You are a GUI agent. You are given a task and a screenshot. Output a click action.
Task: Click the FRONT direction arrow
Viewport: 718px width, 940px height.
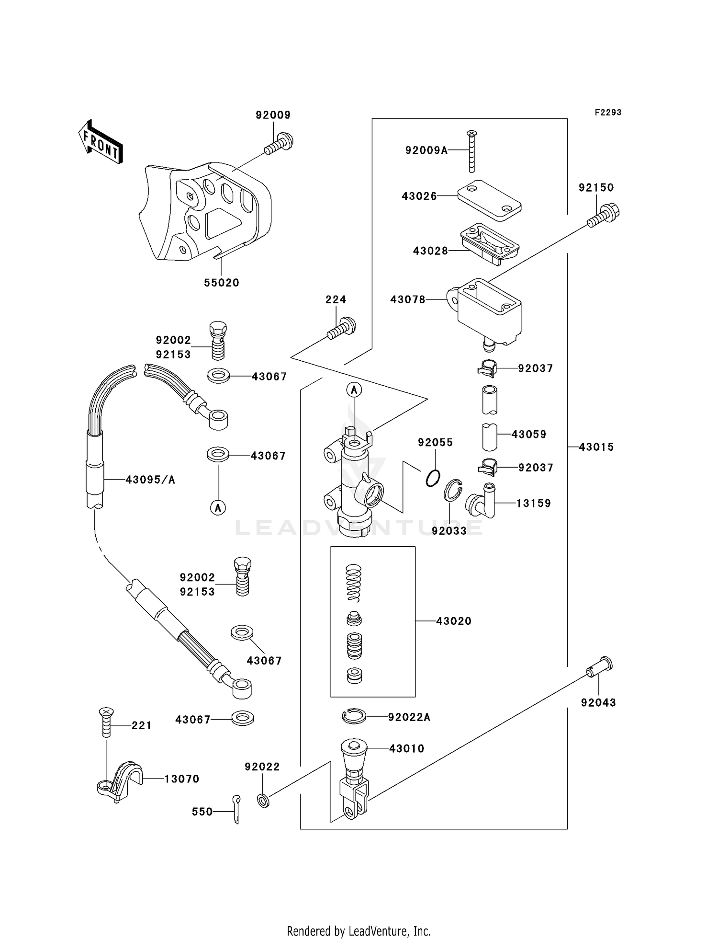click(x=101, y=142)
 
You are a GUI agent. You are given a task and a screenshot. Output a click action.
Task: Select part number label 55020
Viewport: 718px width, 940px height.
click(x=221, y=283)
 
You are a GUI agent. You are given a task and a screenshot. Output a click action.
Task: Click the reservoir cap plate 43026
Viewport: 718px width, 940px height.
click(x=489, y=200)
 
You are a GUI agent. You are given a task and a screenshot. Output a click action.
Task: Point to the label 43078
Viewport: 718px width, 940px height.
click(x=407, y=299)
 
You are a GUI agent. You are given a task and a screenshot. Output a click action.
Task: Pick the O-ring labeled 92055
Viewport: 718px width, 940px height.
click(x=433, y=478)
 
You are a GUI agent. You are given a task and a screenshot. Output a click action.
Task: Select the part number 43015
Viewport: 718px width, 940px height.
click(x=596, y=447)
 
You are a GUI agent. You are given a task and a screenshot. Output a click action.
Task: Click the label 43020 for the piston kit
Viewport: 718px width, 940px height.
click(x=453, y=621)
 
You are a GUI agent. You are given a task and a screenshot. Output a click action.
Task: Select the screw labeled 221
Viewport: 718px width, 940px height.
click(x=106, y=722)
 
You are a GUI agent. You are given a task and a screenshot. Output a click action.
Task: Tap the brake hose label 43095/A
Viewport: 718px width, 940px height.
click(x=150, y=480)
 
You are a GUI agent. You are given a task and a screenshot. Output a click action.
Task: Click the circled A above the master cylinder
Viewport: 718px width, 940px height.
click(x=354, y=390)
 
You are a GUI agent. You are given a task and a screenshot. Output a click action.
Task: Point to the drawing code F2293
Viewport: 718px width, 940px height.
click(x=608, y=113)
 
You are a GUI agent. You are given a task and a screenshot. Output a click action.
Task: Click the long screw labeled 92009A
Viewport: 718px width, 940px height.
click(x=471, y=152)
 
